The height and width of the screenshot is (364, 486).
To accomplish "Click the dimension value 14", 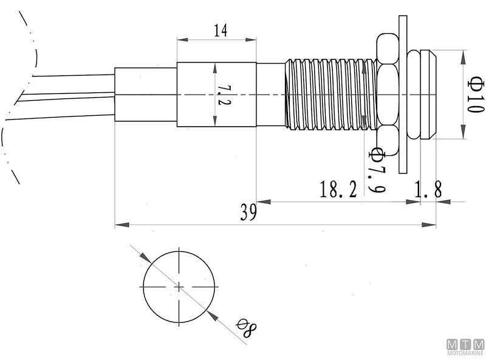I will tap(220, 31).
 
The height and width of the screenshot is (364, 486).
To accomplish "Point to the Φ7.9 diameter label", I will tap(377, 170).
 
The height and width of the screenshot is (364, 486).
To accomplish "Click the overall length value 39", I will tap(248, 212).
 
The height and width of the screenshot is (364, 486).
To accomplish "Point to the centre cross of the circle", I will tap(179, 286).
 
